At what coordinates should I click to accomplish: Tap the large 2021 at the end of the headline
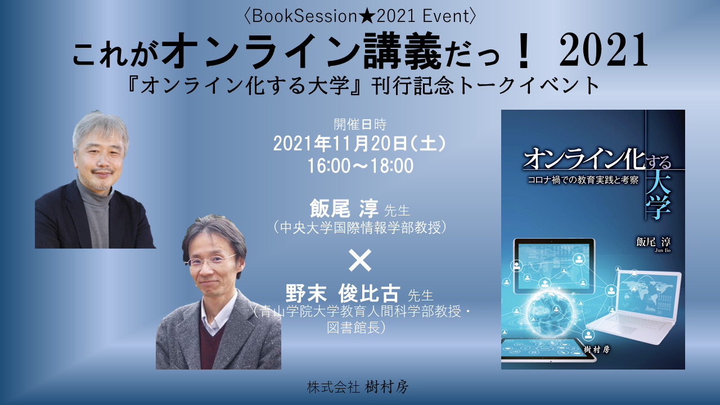tap(604, 51)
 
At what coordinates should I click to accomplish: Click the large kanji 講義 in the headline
tap(402, 51)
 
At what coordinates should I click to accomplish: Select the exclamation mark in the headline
tap(523, 51)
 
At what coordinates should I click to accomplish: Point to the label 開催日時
tap(360, 124)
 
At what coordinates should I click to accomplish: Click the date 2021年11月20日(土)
tap(359, 143)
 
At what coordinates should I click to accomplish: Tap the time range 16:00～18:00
tap(361, 166)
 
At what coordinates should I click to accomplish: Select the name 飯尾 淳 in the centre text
tap(344, 209)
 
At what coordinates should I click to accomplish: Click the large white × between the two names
tap(360, 260)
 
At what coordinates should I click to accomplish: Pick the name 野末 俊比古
tap(343, 294)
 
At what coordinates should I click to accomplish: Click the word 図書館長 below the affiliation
tap(354, 328)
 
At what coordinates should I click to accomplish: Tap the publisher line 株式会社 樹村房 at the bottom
tap(357, 387)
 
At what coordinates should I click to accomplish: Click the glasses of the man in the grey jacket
tap(211, 261)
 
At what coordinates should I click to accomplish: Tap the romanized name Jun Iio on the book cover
tap(663, 250)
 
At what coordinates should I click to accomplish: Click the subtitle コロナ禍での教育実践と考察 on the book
tap(583, 180)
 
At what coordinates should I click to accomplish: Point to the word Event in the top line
tap(446, 17)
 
